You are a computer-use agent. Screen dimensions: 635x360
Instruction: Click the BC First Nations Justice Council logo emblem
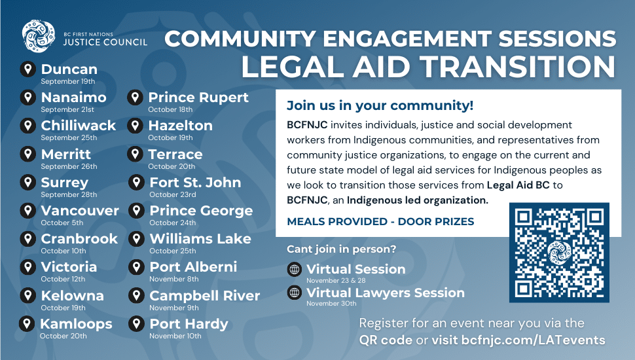pos(39,37)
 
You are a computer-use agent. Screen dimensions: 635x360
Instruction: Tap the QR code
pos(559,253)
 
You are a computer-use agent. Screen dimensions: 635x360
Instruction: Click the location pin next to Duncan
pos(28,69)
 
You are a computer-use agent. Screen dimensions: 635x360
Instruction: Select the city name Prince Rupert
pos(198,97)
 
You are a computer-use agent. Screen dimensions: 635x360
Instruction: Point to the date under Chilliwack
pos(69,137)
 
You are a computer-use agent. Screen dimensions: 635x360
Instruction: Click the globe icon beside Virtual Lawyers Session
pos(295,293)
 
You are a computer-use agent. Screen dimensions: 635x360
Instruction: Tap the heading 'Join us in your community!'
pos(380,105)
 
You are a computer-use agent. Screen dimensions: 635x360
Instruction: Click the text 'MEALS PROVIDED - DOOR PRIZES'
pos(380,221)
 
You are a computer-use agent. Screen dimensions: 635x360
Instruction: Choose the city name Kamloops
pos(76,324)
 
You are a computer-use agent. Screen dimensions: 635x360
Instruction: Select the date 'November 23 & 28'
pos(336,280)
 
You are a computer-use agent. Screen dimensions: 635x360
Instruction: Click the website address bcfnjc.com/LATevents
pos(534,340)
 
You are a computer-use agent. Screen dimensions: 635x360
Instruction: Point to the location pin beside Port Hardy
pos(136,324)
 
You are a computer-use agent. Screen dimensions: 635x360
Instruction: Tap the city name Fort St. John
pos(195,183)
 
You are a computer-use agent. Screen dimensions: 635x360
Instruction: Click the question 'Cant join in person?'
pos(341,249)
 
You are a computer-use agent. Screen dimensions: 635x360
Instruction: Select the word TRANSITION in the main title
pos(517,66)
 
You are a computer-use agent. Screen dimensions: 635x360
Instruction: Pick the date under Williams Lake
pos(173,251)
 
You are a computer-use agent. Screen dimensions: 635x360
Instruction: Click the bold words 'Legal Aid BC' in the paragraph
pos(518,185)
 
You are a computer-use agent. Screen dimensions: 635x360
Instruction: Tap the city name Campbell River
pos(204,296)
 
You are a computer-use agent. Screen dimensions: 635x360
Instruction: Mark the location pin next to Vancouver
pos(28,211)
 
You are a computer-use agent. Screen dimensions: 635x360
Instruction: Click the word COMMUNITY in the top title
pos(240,39)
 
